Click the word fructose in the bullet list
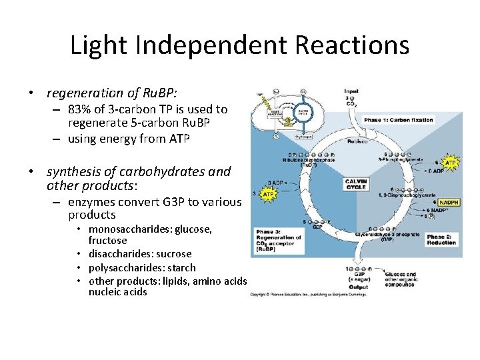coord(107,241)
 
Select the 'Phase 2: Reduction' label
coord(442,240)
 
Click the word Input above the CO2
coord(351,91)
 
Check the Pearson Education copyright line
coord(308,294)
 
